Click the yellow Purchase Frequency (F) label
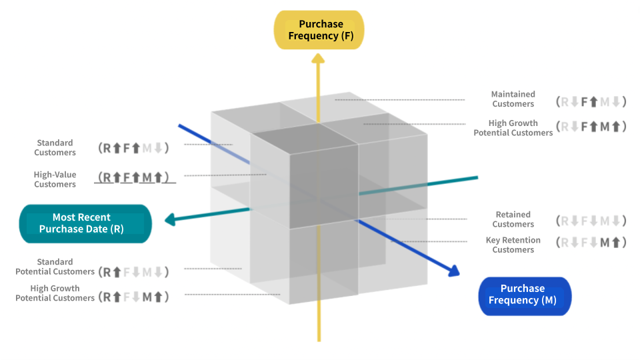[x=320, y=30]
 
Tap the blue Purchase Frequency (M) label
[x=525, y=295]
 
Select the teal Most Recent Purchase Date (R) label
[x=85, y=223]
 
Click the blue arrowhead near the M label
[x=454, y=270]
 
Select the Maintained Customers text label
[x=513, y=99]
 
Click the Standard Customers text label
[x=55, y=147]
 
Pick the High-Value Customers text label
[x=55, y=179]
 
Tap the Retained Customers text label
[x=513, y=219]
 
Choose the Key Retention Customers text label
[x=513, y=245]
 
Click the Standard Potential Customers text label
[x=55, y=267]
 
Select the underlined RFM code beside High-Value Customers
[x=134, y=177]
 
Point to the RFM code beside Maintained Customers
[x=591, y=102]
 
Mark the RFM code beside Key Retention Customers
[x=591, y=243]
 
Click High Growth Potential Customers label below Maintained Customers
[x=513, y=128]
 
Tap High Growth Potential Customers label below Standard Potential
[x=55, y=293]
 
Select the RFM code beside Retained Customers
[x=591, y=221]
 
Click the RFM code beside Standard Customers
[x=134, y=148]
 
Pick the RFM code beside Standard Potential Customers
[x=134, y=272]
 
